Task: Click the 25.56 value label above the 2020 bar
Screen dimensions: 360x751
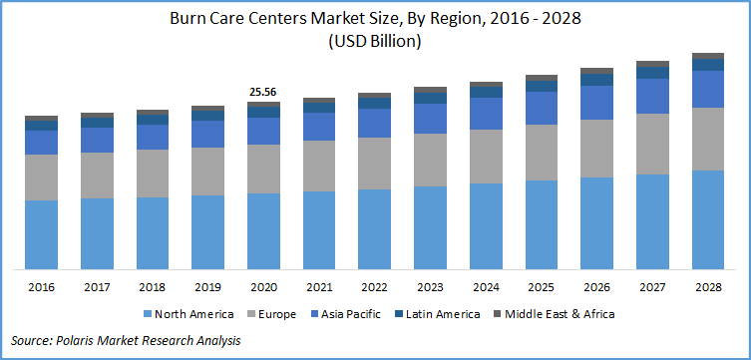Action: point(263,92)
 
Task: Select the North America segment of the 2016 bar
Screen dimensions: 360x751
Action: point(41,234)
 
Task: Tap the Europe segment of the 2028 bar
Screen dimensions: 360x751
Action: point(708,139)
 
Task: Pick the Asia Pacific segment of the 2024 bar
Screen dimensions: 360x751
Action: point(486,114)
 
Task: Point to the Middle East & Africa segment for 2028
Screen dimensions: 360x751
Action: point(708,56)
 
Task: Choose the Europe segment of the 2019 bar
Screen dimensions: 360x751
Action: point(207,171)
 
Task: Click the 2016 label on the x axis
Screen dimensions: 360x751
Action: point(41,286)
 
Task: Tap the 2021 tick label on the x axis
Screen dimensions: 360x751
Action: point(319,286)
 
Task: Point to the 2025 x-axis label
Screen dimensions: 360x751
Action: point(542,286)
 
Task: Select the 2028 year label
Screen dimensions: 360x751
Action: point(708,286)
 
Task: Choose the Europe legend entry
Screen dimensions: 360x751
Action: point(270,314)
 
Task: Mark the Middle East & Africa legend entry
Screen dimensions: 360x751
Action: point(553,314)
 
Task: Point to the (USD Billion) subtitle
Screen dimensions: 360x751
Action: point(374,41)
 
